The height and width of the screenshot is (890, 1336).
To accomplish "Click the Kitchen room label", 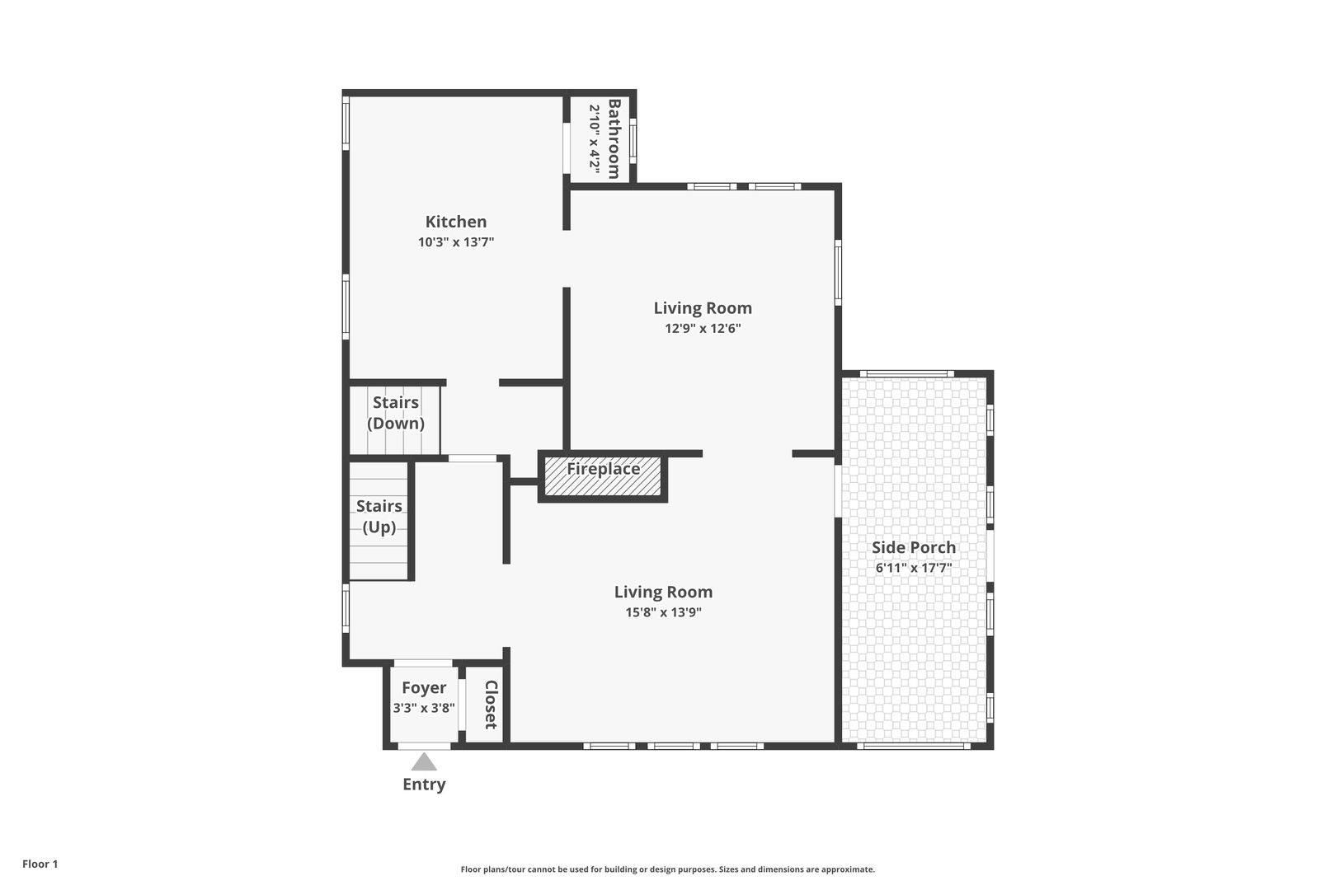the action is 456,222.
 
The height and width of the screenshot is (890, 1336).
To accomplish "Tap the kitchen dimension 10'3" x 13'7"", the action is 456,242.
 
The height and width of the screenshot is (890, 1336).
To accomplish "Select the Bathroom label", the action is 614,139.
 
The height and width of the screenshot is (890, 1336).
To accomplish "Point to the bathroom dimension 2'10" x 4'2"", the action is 594,139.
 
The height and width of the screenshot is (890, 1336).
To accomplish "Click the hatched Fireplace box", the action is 602,475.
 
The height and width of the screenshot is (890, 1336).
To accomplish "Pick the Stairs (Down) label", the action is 395,413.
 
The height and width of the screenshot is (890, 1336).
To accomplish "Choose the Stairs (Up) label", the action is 379,516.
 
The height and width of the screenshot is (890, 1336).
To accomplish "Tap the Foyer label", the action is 423,688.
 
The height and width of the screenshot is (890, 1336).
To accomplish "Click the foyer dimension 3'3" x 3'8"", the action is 423,708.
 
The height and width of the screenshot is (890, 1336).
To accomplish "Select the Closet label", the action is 491,705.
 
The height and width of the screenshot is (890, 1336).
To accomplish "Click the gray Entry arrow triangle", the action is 423,762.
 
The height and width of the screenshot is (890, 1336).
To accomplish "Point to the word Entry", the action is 424,785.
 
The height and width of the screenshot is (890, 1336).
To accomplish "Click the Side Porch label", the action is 914,547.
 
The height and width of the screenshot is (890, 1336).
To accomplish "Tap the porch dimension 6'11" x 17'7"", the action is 914,568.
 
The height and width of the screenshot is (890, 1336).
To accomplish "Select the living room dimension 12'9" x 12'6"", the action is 703,329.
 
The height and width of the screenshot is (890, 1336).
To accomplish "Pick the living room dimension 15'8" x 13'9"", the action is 663,612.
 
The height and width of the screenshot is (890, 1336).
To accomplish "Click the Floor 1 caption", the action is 40,864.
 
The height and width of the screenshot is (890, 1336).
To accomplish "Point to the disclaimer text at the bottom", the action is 667,869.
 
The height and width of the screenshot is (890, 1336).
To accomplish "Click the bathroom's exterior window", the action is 633,140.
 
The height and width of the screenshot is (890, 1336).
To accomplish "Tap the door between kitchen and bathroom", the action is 567,148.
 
